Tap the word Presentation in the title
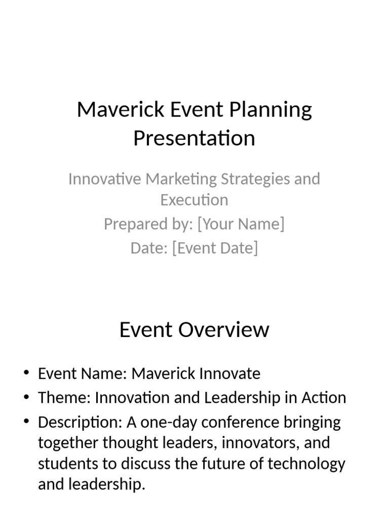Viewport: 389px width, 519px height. click(194, 138)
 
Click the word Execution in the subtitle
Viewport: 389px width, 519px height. click(194, 200)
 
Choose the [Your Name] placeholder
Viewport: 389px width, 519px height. click(241, 224)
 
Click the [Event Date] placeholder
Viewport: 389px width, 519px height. click(215, 248)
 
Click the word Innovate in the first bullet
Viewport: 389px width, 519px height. click(231, 374)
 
